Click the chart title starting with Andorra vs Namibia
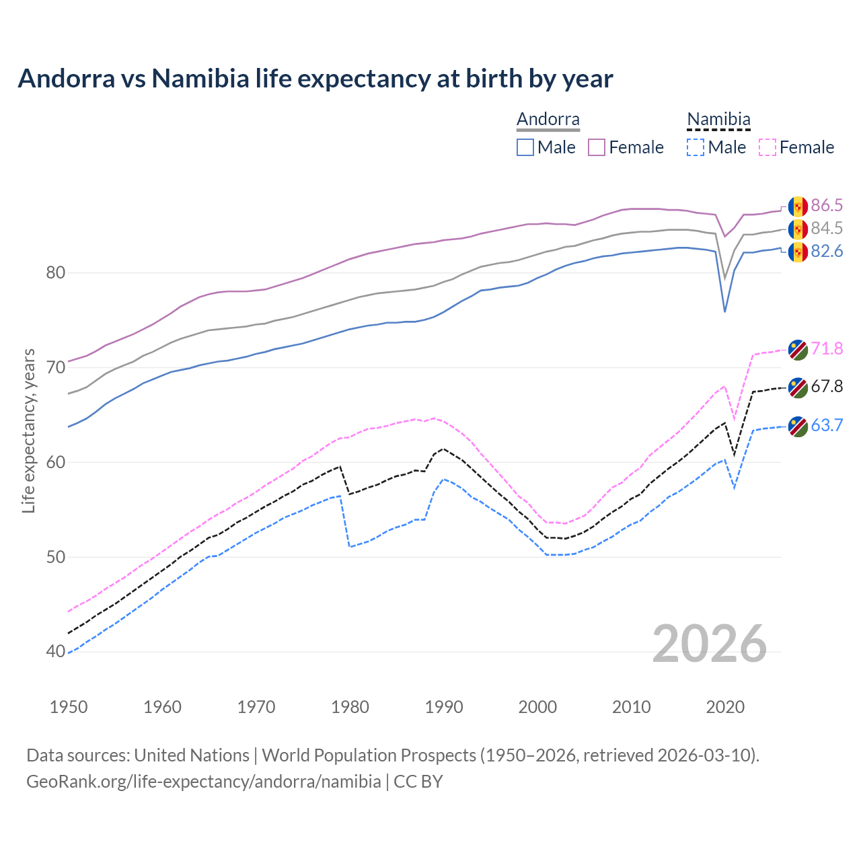pos(315,79)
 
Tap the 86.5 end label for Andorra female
pos(827,205)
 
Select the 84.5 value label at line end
pos(827,229)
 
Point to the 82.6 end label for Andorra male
pos(827,252)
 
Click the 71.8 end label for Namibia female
pos(827,348)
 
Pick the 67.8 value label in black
pos(827,386)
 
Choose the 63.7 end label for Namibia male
pos(827,425)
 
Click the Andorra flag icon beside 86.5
pos(798,206)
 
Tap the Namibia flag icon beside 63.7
pos(798,426)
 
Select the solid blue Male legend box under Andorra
pos(525,147)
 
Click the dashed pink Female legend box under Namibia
pos(767,147)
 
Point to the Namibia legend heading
pos(718,120)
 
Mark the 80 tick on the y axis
pos(56,273)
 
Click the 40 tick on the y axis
pos(56,652)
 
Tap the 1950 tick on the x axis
pos(69,707)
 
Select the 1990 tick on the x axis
pos(444,707)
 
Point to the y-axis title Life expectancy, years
pos(28,430)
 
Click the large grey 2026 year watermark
pos(709,644)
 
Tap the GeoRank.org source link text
pos(203,782)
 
